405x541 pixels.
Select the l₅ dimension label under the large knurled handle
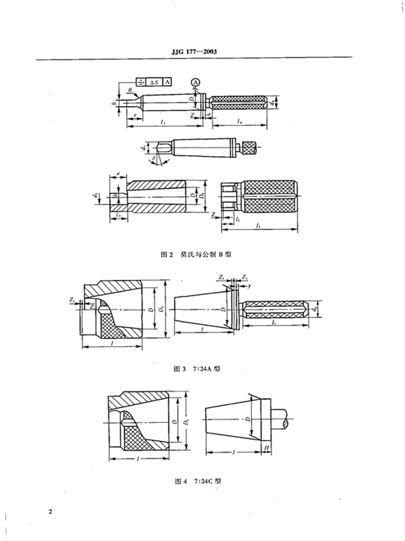pyautogui.click(x=259, y=225)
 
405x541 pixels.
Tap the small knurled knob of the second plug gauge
pyautogui.click(x=250, y=148)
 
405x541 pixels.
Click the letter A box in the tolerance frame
pyautogui.click(x=168, y=81)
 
